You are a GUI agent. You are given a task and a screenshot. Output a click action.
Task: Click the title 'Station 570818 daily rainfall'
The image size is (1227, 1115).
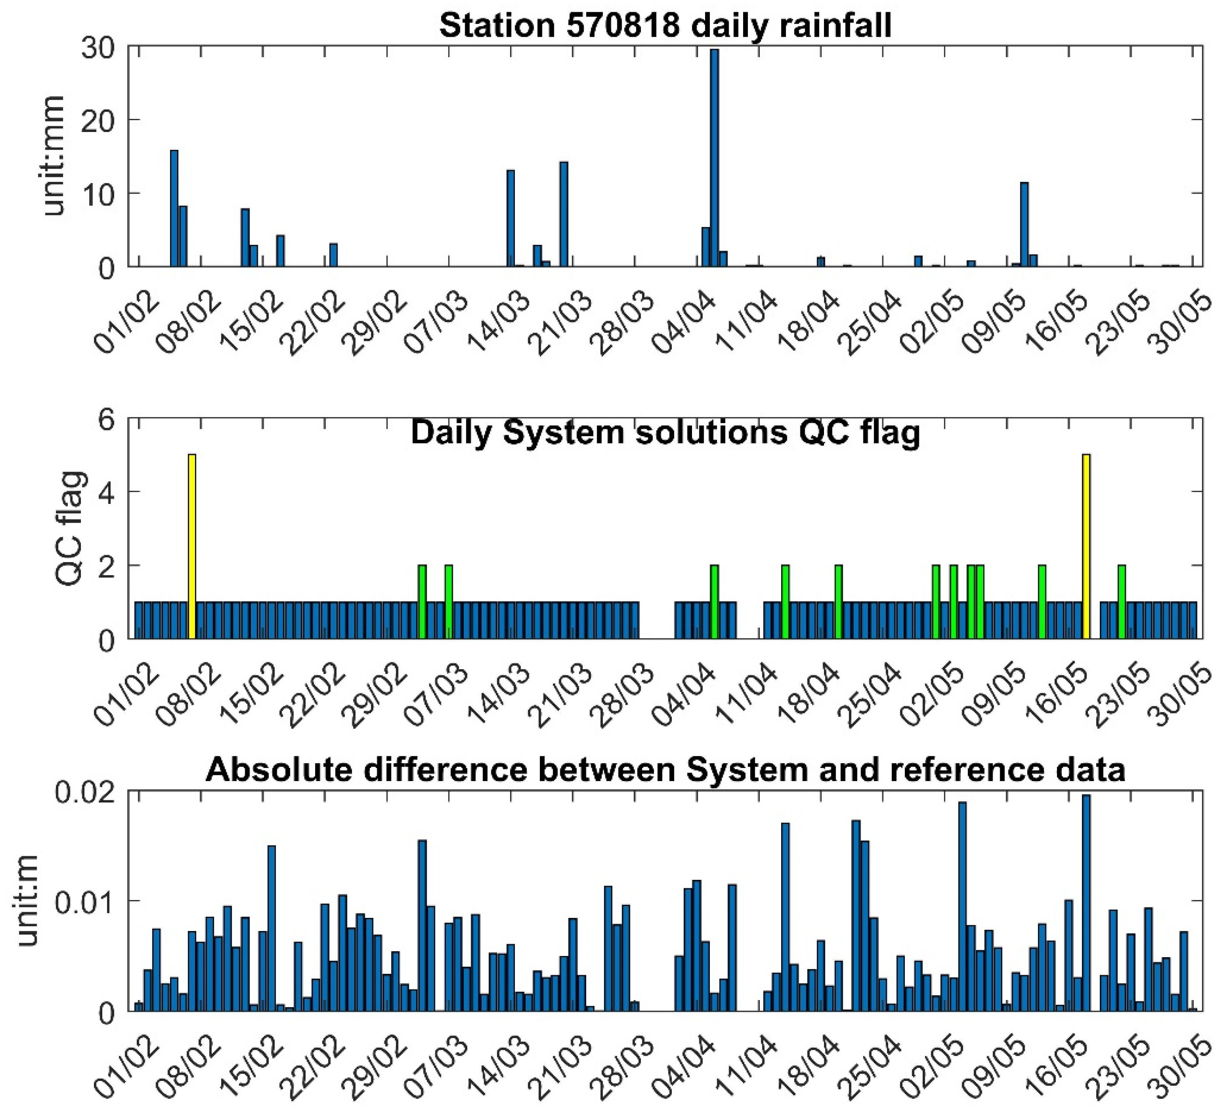(665, 25)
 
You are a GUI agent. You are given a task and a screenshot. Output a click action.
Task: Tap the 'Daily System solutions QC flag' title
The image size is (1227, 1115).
(665, 432)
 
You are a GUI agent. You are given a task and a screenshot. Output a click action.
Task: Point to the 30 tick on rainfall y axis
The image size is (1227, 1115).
(98, 48)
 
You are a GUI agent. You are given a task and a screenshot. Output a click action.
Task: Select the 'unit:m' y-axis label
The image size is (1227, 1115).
(28, 901)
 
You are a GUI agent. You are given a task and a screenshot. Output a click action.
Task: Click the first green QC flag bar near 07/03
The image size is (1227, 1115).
(422, 601)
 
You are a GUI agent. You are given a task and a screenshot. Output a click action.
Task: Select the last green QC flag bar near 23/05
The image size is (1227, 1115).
(1121, 601)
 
